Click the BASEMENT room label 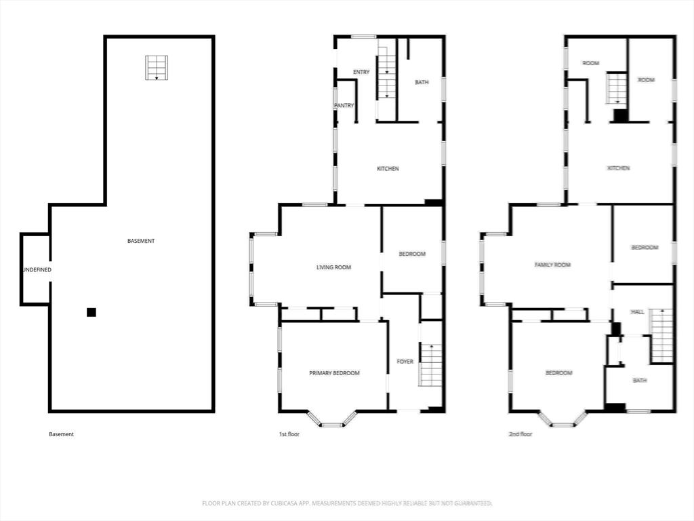[141, 241]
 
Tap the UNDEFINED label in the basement [37, 270]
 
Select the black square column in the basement [91, 312]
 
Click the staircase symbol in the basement [157, 68]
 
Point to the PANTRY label [344, 105]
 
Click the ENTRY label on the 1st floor [361, 72]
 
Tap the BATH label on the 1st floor [422, 82]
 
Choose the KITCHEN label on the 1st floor [388, 169]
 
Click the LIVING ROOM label [333, 267]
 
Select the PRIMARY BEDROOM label [334, 373]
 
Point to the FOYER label [405, 362]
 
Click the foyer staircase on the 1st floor [430, 364]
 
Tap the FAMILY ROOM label [552, 265]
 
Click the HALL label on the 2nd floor [637, 312]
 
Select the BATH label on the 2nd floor [640, 380]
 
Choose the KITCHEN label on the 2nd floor [618, 168]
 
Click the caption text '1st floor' [289, 434]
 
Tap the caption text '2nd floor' [520, 434]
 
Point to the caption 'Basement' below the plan [61, 434]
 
